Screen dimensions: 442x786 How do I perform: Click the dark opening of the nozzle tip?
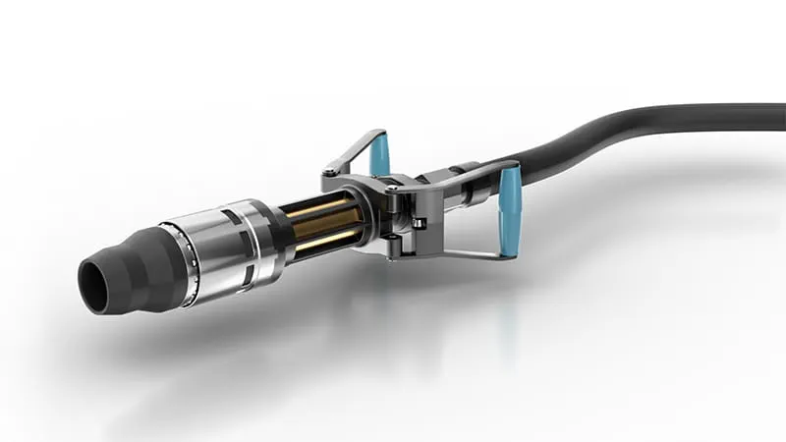[94, 287]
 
